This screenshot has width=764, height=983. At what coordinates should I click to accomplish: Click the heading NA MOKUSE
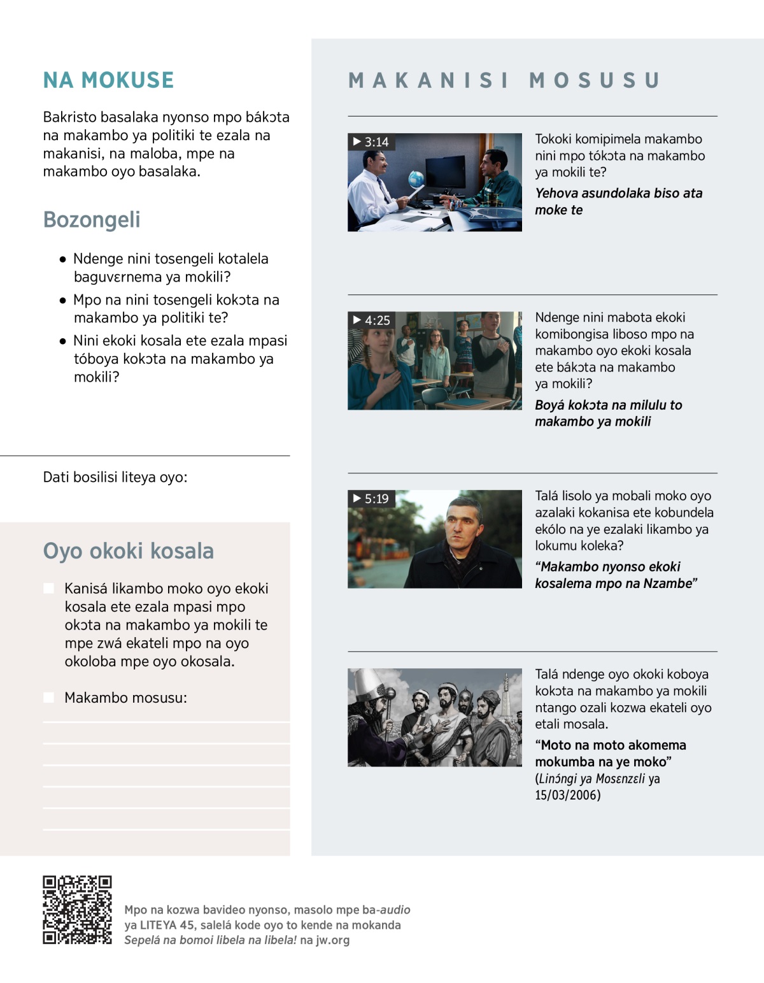pos(108,80)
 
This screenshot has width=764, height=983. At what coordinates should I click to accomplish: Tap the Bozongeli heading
pos(92,220)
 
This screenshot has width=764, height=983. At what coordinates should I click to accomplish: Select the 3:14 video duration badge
pos(371,142)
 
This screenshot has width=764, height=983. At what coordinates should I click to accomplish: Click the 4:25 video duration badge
pos(372,320)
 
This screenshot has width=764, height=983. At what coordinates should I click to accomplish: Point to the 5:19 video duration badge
pos(371,499)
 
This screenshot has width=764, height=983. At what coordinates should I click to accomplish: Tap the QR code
pos(77,910)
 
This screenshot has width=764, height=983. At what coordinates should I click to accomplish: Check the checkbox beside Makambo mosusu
pos(48,698)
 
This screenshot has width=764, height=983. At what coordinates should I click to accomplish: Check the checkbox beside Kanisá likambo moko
pos(48,588)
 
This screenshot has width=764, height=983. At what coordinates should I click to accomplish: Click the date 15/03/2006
pos(567,795)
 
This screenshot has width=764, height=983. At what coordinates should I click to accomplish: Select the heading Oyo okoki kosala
pos(128,551)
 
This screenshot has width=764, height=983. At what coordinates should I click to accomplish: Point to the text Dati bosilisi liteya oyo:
pos(115,477)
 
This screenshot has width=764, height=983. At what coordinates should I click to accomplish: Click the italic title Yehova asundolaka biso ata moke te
pos(618,201)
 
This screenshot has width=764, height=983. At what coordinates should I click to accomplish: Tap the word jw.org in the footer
pos(332,940)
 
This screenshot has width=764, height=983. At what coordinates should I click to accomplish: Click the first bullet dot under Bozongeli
pos(62,259)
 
